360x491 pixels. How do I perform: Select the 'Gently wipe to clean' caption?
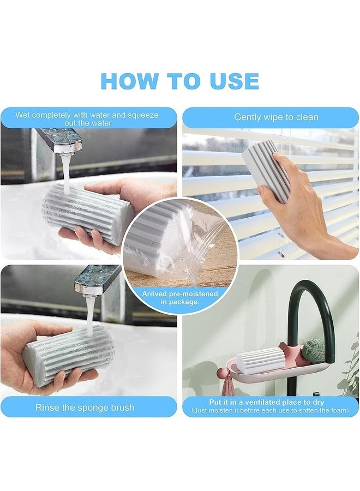coord(276,117)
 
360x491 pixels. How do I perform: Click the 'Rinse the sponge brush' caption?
coord(85,407)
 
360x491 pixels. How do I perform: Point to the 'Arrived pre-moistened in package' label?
coord(180,297)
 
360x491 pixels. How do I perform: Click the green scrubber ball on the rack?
coord(313,350)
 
